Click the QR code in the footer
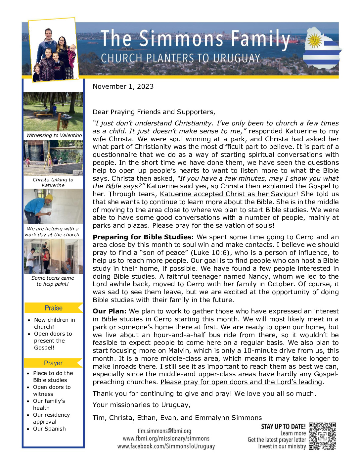322,436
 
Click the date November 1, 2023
123,86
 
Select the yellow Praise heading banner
54,308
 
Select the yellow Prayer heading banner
53,363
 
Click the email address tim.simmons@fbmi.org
164,431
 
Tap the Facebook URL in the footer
166,446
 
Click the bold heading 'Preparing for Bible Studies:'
143,237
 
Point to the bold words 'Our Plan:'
109,311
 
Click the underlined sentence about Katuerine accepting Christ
228,194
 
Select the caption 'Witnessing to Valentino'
54,135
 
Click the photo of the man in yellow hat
53,206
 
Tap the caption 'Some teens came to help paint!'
53,281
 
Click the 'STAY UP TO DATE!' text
283,426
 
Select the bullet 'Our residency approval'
51,418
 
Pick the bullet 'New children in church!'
54,323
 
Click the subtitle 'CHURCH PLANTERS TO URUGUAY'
180,58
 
